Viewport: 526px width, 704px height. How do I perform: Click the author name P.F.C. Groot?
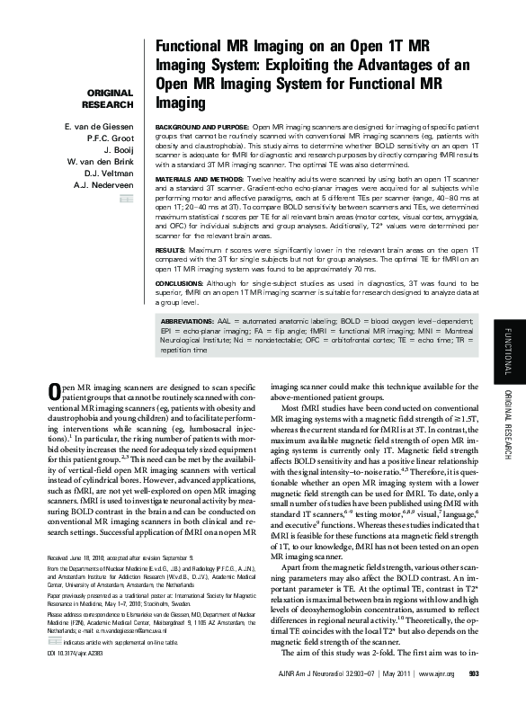click(x=111, y=138)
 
